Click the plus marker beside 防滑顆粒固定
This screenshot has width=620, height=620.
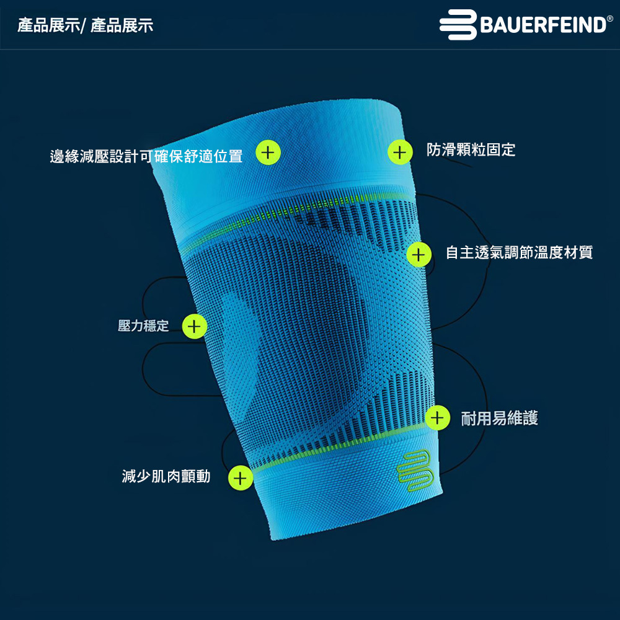(400, 152)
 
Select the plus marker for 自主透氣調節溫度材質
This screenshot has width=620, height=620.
(419, 254)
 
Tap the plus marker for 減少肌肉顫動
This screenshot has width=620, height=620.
(241, 478)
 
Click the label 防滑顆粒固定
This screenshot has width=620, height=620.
(471, 150)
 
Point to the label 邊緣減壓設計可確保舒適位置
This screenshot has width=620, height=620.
(146, 156)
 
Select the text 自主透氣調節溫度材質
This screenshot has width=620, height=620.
(519, 252)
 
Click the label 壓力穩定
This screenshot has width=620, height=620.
(143, 325)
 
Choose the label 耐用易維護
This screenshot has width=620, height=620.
(499, 418)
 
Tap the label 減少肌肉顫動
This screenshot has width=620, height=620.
(166, 476)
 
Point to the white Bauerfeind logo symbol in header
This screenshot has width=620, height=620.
(458, 25)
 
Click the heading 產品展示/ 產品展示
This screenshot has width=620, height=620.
(86, 25)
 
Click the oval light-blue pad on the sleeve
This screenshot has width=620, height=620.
(241, 347)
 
